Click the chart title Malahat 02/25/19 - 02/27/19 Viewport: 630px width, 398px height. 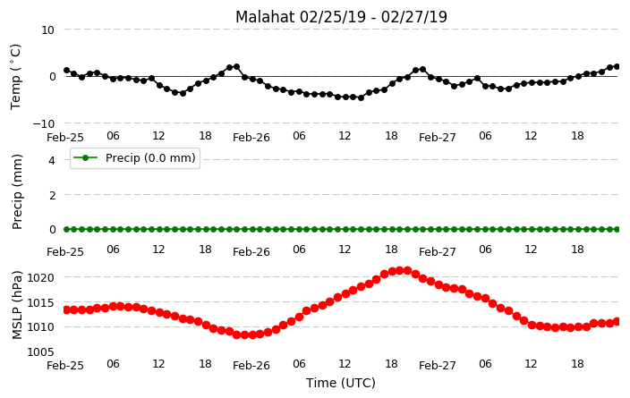click(341, 17)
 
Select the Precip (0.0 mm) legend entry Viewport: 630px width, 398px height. click(135, 158)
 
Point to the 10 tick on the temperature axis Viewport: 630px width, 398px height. click(47, 30)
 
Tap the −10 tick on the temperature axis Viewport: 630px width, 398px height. click(43, 123)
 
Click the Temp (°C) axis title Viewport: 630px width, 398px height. click(15, 77)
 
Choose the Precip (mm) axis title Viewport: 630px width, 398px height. click(16, 192)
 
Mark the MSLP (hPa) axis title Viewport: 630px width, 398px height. click(16, 305)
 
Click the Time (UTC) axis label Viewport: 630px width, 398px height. click(341, 383)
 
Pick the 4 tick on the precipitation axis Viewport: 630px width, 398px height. click(51, 161)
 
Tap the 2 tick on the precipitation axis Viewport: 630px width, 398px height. click(51, 195)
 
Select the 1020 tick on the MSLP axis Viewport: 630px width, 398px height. click(40, 277)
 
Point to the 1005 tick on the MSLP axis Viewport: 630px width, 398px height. click(40, 352)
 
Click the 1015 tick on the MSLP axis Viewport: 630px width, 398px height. click(40, 302)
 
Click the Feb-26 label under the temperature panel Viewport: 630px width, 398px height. click(251, 138)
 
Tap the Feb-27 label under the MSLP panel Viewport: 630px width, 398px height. click(437, 366)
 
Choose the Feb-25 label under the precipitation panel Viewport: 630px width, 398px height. click(65, 252)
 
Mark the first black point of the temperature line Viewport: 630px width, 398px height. click(67, 71)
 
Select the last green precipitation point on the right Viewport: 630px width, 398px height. click(617, 229)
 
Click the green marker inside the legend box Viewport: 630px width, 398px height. click(85, 157)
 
